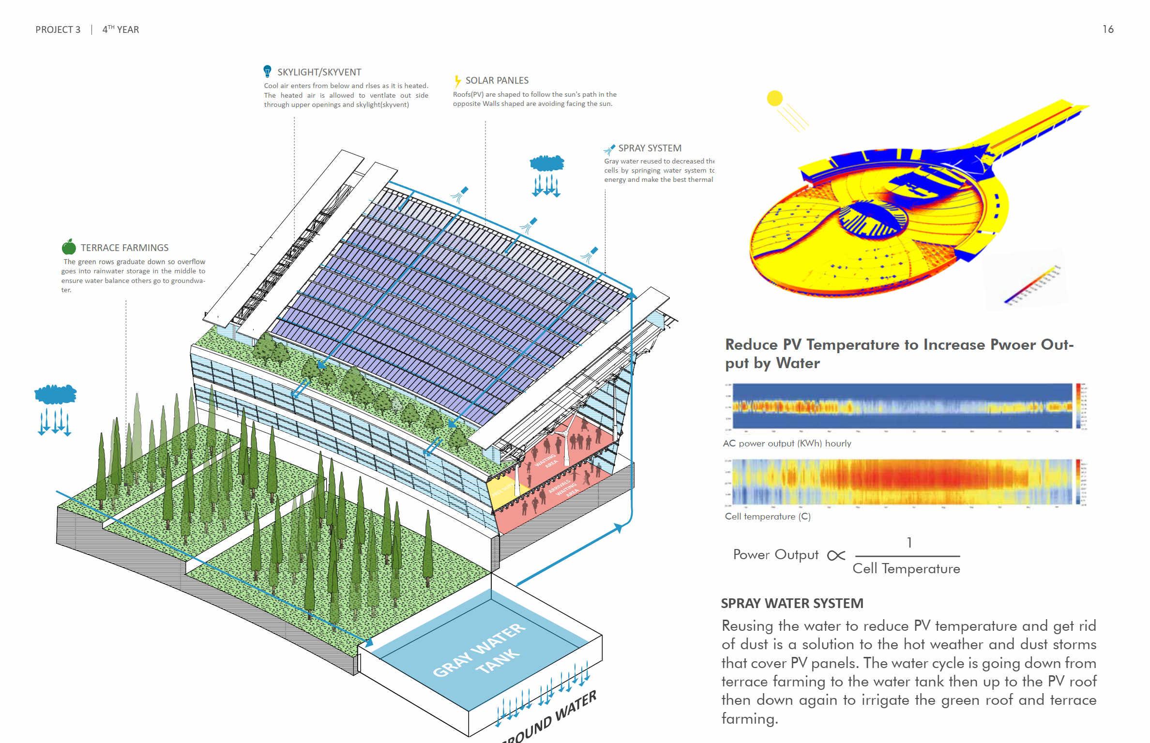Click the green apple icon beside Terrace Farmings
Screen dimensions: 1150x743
point(69,247)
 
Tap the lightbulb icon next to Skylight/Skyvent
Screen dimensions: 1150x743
point(267,72)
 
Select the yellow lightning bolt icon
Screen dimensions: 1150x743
point(457,81)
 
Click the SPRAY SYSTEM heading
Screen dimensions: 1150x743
point(650,148)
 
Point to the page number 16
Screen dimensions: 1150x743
point(1108,30)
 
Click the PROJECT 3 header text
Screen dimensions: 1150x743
point(58,30)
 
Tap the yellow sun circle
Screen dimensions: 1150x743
point(774,98)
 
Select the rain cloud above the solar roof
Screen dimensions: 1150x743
point(547,163)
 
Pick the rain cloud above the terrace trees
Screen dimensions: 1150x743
point(55,394)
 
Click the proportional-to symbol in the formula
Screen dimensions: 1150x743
point(836,555)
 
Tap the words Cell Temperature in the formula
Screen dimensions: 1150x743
point(906,568)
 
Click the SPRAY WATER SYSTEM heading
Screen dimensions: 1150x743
point(792,603)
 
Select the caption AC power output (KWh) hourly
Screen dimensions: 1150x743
point(787,443)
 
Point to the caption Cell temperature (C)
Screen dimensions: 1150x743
point(768,516)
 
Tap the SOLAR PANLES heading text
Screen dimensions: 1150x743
point(497,80)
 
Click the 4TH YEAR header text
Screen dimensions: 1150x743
point(121,30)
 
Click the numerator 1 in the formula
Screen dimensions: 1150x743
point(909,543)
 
